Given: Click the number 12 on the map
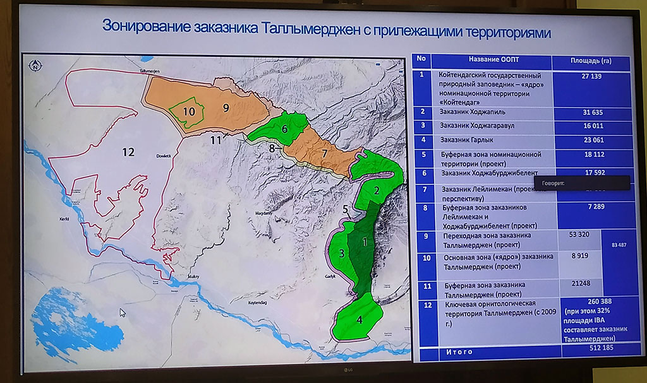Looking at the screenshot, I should [x=128, y=151].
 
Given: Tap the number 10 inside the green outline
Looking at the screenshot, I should [x=189, y=111].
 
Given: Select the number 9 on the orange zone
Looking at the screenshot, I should [x=225, y=107].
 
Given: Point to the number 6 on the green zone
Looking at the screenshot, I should [x=285, y=129].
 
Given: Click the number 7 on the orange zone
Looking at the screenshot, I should [x=323, y=153].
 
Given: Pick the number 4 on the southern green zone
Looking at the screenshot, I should [x=360, y=319].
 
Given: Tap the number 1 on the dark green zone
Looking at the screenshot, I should [x=365, y=240].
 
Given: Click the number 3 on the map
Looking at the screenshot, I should [x=341, y=254].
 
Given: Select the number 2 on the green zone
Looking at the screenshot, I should [x=376, y=190].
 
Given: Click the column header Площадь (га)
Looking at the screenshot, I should [x=590, y=60].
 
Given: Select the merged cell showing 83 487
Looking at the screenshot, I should [x=615, y=244].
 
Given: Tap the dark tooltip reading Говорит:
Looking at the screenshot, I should [x=581, y=182].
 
